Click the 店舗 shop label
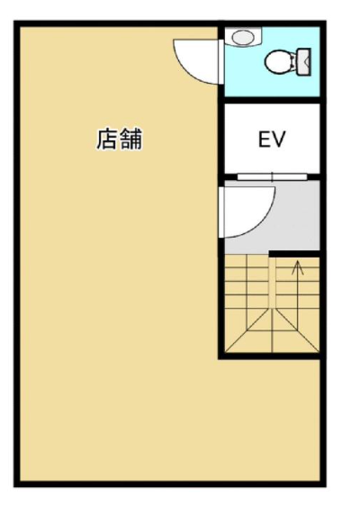coord(120,140)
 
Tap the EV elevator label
coord(272,139)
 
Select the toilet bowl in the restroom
coord(280,62)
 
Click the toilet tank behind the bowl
coord(303,61)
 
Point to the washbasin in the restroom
coord(245,37)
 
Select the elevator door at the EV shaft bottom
coord(272,177)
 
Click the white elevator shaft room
coord(272,139)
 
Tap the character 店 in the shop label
coord(107,140)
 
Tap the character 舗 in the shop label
coord(131,140)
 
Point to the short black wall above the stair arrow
coord(294,254)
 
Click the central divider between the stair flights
coord(272,283)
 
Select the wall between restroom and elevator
coord(272,100)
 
